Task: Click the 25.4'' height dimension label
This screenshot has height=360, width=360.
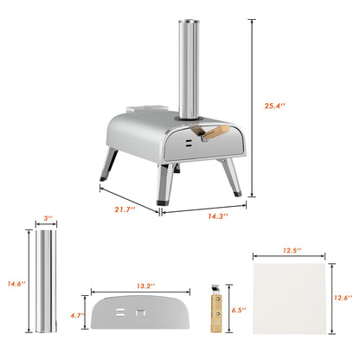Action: [274, 106]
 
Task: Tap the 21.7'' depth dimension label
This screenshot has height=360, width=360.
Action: [125, 209]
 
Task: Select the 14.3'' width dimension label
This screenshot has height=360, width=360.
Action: [218, 216]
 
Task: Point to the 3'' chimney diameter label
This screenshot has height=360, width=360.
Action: [48, 218]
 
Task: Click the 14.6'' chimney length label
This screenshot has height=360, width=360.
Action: [16, 284]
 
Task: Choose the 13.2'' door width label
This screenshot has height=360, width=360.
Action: [145, 286]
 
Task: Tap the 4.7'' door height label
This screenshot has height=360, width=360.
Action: [77, 316]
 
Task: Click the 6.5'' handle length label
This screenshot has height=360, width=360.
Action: [239, 310]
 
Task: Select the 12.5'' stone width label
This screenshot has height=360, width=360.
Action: [292, 250]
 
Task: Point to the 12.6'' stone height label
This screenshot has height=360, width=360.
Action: [344, 298]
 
